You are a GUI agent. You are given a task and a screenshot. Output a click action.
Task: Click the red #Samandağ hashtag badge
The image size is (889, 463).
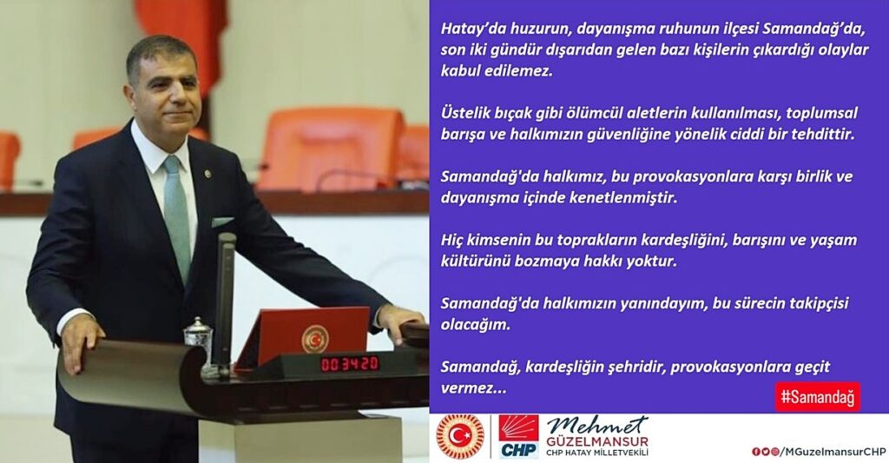[x=817, y=397]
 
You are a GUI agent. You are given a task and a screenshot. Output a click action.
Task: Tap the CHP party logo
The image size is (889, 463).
[x=518, y=436]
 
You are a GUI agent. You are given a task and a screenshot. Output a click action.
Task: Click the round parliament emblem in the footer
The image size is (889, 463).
[x=460, y=436]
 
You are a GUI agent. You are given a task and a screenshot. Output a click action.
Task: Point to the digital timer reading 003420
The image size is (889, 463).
[x=350, y=363]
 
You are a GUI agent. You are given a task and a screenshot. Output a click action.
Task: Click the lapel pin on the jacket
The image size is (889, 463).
[x=207, y=174]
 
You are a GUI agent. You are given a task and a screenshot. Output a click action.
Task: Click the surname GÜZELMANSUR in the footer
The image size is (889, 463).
[x=596, y=440]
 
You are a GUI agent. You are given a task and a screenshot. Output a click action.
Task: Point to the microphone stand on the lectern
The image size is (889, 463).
[x=225, y=295]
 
